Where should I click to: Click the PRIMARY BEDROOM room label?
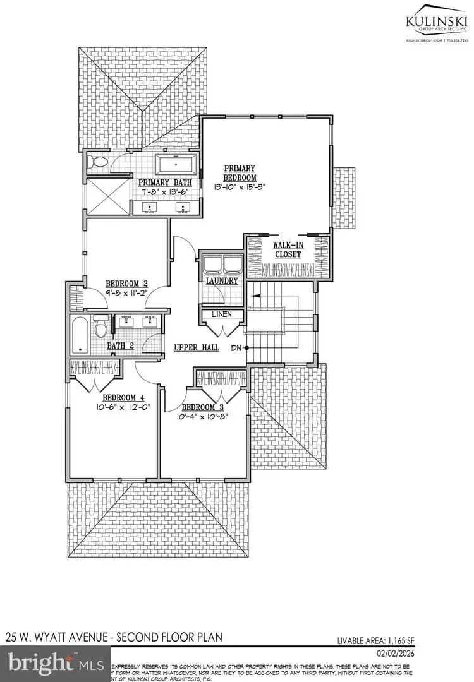[240, 172]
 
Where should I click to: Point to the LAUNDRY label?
[221, 280]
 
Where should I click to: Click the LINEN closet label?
[222, 314]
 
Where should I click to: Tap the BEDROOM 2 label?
[126, 283]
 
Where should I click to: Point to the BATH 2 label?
[120, 345]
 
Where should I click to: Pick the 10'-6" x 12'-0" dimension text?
[124, 408]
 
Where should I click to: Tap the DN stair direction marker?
[235, 348]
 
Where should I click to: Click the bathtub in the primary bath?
[177, 165]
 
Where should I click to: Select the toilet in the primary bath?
[98, 161]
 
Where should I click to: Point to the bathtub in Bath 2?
[80, 335]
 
